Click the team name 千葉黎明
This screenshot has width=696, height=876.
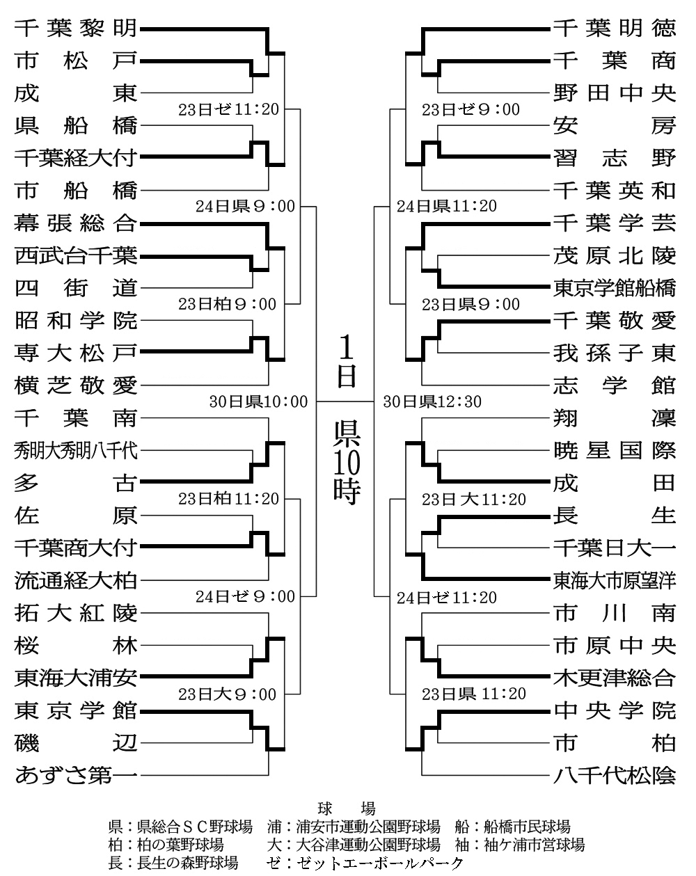tap(76, 29)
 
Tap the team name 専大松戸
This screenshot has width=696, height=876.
tap(76, 353)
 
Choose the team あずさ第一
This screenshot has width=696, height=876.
tap(76, 774)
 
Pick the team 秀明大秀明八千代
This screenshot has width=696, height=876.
tap(76, 451)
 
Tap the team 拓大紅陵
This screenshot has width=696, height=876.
tap(76, 613)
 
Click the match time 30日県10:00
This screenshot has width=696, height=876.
tap(258, 401)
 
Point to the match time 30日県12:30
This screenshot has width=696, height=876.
tap(432, 401)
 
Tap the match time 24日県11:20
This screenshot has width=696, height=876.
tap(446, 207)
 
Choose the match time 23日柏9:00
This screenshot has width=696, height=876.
tap(227, 305)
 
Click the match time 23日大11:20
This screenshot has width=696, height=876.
tap(474, 500)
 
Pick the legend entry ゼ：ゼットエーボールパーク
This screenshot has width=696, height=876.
tap(365, 863)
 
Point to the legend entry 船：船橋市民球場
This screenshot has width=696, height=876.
tap(512, 827)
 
